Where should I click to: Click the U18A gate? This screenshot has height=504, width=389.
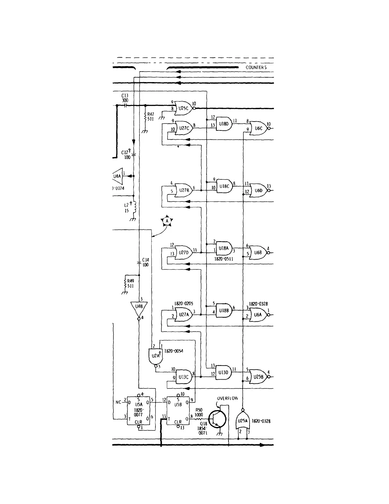(224, 248)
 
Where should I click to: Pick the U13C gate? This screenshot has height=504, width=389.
(184, 377)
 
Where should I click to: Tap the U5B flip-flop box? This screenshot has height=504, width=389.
(178, 410)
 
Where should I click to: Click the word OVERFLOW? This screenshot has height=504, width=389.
(227, 398)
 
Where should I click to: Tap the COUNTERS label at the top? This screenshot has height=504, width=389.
(256, 67)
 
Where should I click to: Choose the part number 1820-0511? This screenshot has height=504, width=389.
(224, 259)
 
